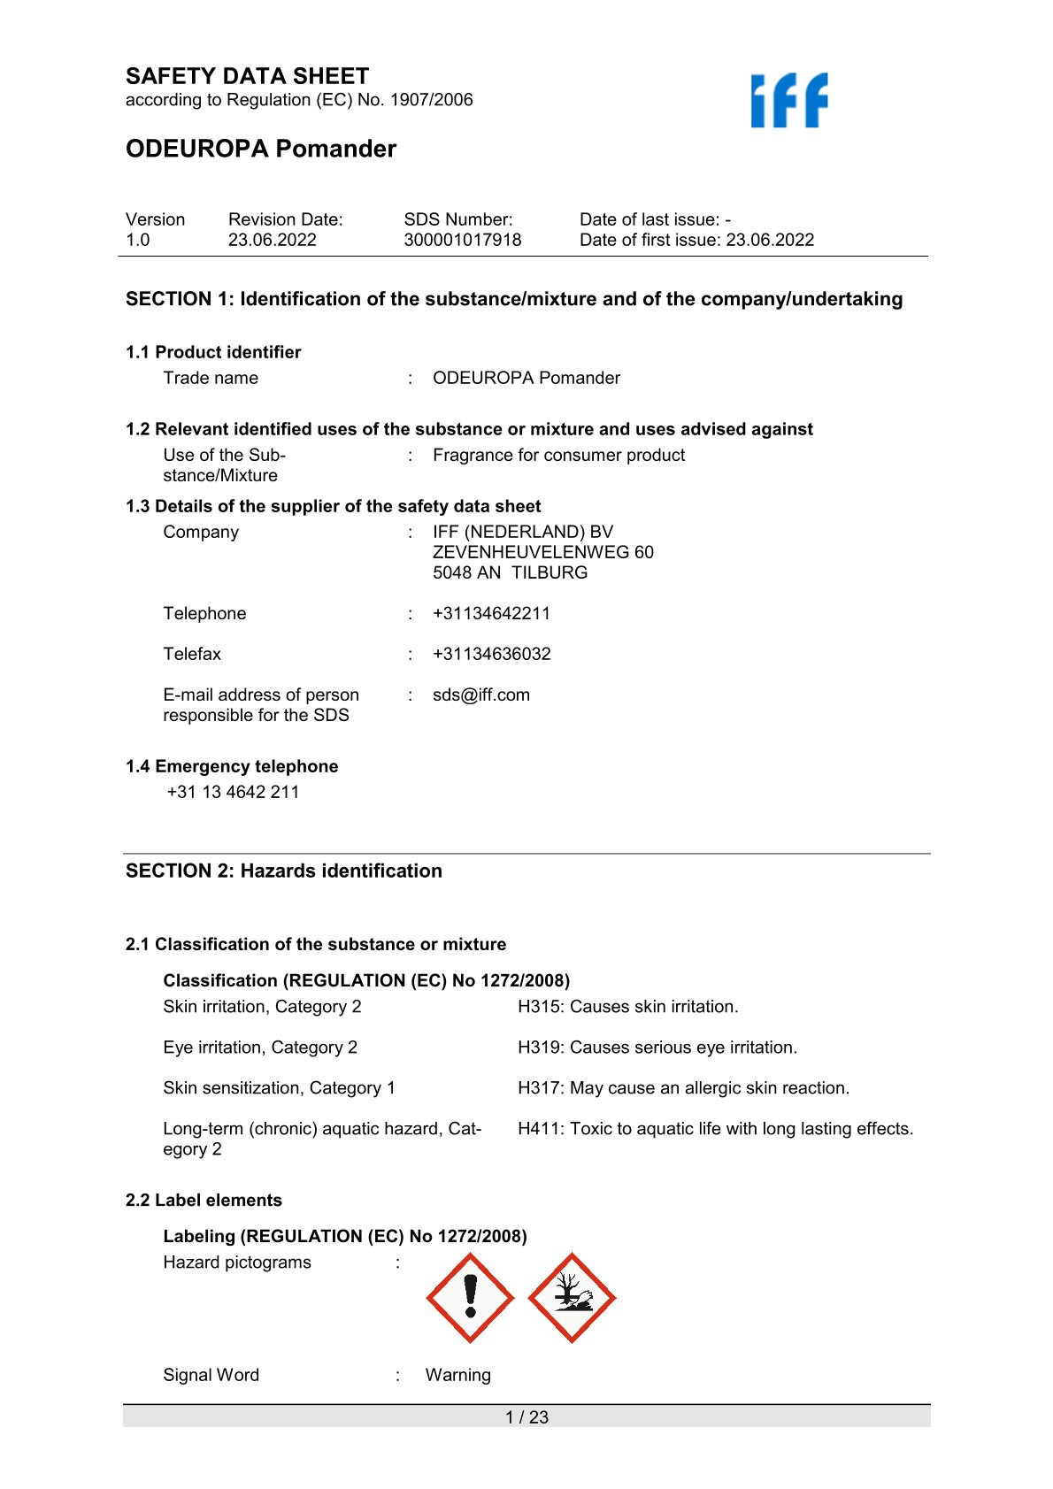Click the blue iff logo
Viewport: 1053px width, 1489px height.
coord(789,100)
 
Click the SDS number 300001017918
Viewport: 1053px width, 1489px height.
coord(462,240)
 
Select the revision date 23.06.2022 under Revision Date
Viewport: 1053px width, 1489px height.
coord(272,240)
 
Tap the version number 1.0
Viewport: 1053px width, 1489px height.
coord(138,240)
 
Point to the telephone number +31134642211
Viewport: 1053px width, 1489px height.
coord(491,613)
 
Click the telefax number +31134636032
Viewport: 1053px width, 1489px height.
coord(491,654)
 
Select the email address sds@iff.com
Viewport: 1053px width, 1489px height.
coord(480,695)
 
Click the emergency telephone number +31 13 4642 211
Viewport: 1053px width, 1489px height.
coord(233,792)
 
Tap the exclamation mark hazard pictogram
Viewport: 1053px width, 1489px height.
coord(470,1298)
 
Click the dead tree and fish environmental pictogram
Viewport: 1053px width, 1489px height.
coord(572,1298)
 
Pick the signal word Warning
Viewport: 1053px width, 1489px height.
coord(457,1375)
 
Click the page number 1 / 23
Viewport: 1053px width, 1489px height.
coord(526,1417)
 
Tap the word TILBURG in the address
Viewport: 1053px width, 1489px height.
coord(550,572)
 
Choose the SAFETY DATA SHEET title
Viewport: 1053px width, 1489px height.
coord(247,76)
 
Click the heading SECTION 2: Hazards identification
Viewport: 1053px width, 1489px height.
coord(283,871)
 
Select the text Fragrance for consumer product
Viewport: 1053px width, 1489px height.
coord(558,455)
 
